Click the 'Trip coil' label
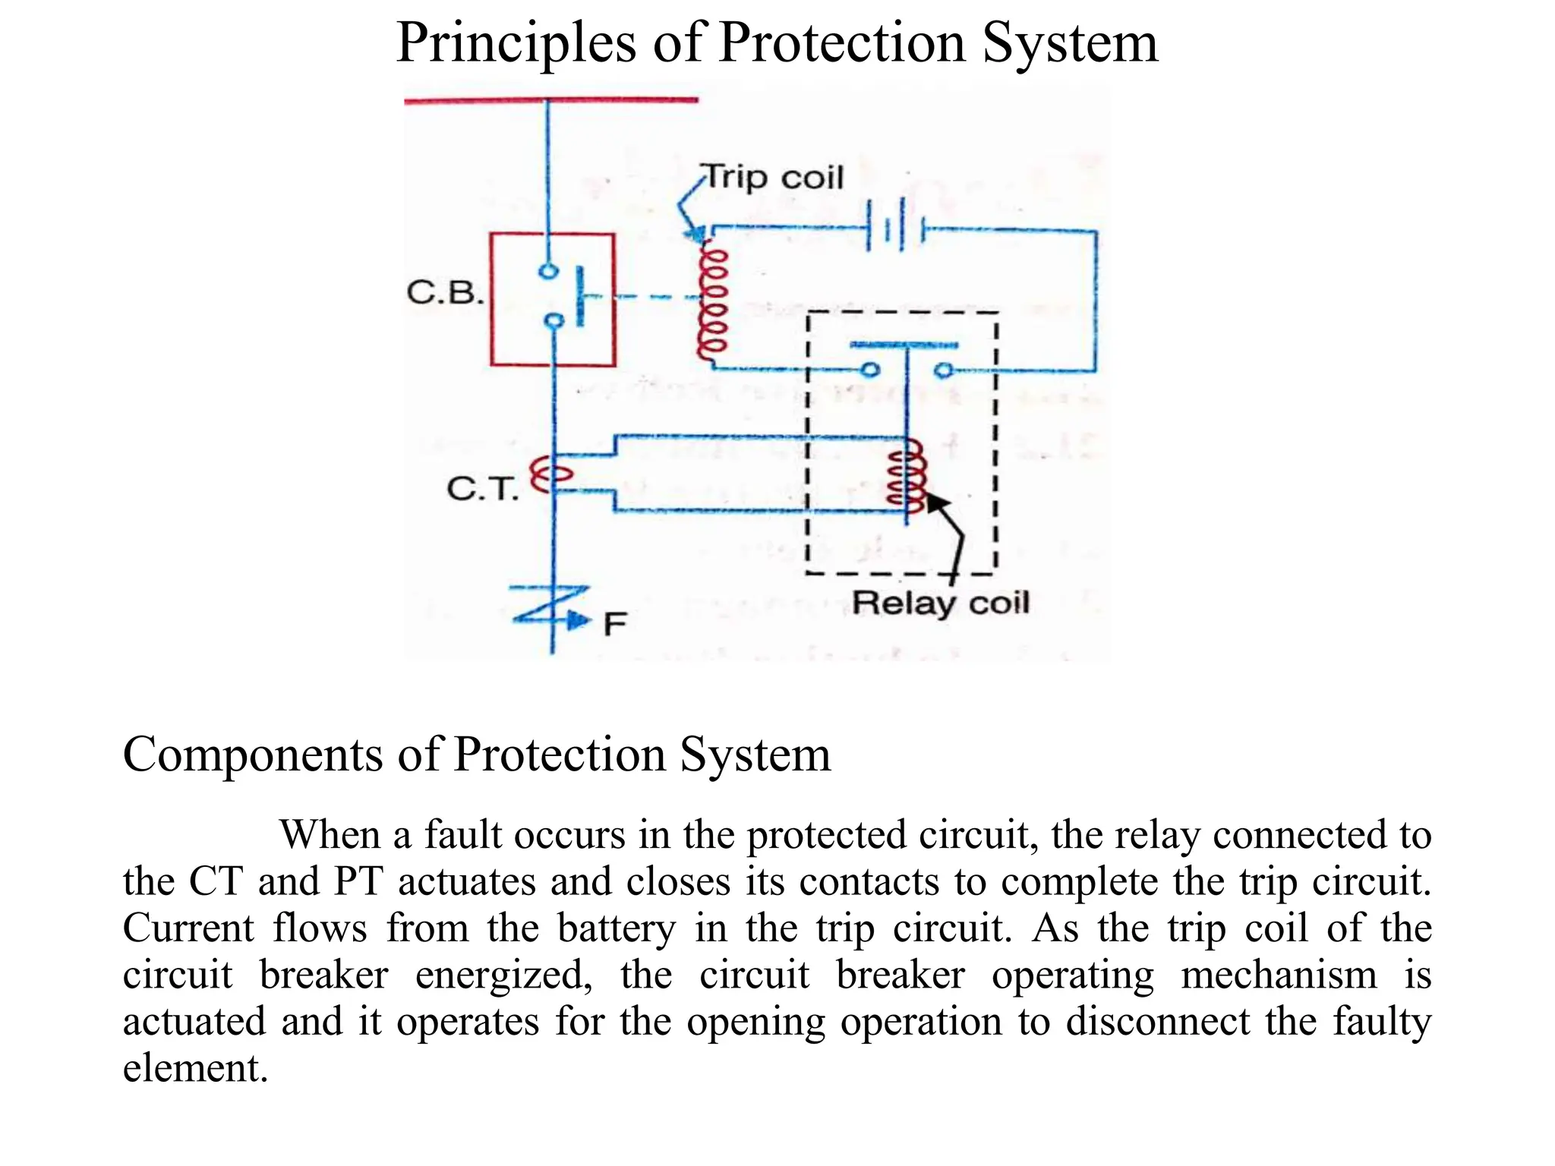click(x=774, y=178)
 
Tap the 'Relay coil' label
click(x=940, y=603)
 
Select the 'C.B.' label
click(x=445, y=292)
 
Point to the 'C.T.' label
click(x=483, y=488)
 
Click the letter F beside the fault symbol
click(x=614, y=624)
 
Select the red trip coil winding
click(x=713, y=304)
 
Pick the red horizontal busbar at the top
click(x=550, y=99)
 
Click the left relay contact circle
click(x=870, y=370)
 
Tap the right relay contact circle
click(x=943, y=370)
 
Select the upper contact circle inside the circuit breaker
click(x=547, y=271)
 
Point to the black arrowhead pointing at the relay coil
click(x=936, y=503)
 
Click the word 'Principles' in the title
click(x=516, y=43)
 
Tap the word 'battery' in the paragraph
click(x=616, y=928)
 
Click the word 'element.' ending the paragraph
click(x=195, y=1068)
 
